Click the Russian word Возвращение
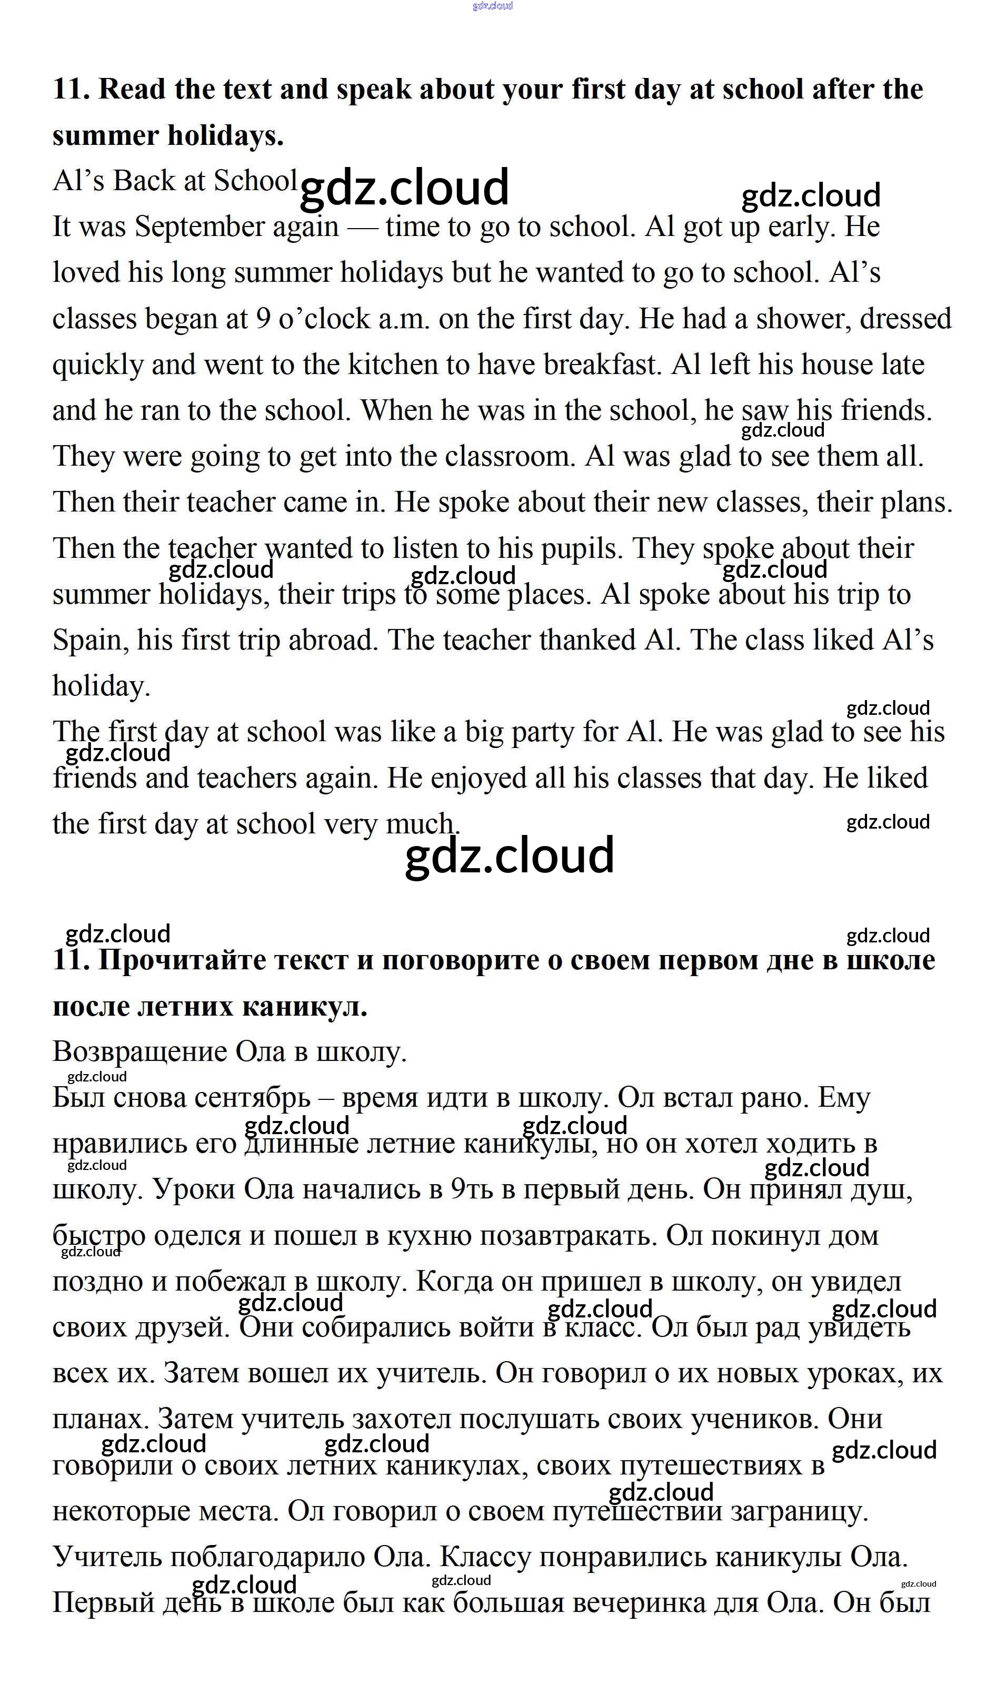pyautogui.click(x=139, y=1051)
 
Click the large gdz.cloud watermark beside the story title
pyautogui.click(x=404, y=188)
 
